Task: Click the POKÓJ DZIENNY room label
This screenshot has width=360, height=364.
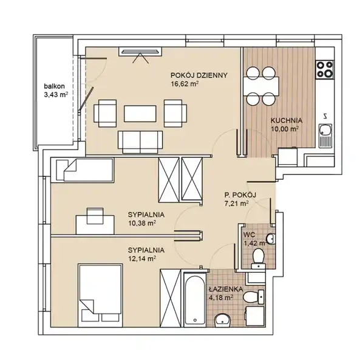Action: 199,75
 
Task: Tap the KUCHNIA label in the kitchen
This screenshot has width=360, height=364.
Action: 287,121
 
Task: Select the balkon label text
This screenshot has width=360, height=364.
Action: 54,86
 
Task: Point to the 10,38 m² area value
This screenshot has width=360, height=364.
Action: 141,223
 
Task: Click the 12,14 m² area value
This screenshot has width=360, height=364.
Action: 141,259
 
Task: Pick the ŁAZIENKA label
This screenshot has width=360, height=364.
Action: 222,289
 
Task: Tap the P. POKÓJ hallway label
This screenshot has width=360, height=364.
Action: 240,195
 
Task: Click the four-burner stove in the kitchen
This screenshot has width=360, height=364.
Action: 325,69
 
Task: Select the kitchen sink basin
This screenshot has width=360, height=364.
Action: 325,130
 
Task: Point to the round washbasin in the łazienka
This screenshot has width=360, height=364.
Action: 223,320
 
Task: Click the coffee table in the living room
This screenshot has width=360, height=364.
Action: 140,114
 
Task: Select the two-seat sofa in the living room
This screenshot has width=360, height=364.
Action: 140,142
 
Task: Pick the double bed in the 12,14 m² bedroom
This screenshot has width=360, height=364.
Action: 100,295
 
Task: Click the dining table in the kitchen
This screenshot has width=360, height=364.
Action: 261,86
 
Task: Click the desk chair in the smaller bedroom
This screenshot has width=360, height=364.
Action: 95,216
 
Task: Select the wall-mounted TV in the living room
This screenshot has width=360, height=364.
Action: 140,52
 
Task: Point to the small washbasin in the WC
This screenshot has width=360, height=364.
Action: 271,238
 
